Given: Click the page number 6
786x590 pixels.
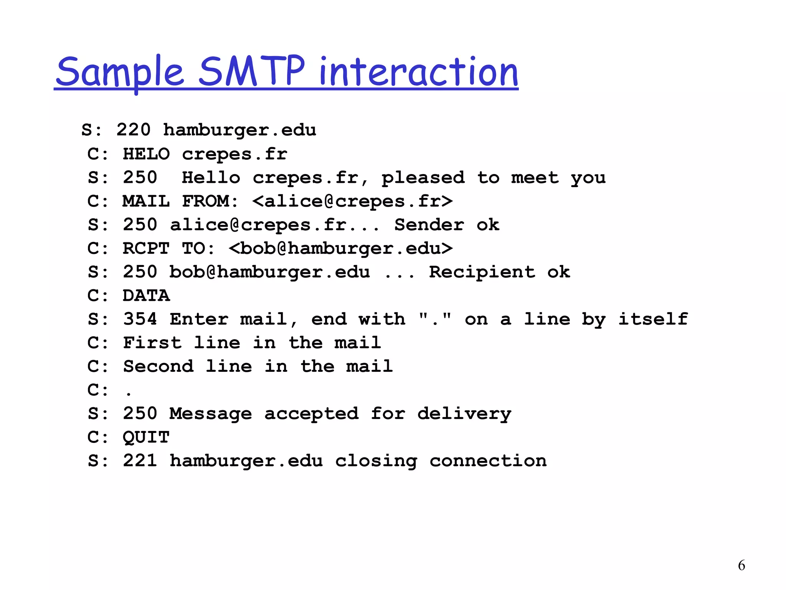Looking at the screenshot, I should point(741,565).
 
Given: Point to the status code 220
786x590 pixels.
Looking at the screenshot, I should point(133,130).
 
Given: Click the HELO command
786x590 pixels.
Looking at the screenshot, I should point(146,154).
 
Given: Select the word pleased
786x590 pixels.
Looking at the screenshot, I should point(423,178).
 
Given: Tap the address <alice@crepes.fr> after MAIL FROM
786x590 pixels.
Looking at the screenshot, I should point(352,201).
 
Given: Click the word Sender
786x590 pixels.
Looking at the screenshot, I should point(429,225).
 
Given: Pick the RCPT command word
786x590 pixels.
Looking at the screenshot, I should point(146,249).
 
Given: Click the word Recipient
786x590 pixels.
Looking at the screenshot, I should point(482,272).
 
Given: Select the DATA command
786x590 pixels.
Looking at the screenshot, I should point(146,296).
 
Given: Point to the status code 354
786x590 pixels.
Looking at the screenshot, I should point(140,319).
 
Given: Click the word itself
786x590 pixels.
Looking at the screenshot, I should point(653,319).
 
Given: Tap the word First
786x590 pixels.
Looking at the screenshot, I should point(152,343).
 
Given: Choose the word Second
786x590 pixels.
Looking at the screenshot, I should point(158,366).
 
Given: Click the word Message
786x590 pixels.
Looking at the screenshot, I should point(211,414).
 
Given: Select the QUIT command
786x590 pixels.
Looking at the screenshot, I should point(146,437).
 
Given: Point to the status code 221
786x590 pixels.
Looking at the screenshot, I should point(140,461).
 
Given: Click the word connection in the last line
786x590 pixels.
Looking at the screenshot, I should point(488,461).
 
